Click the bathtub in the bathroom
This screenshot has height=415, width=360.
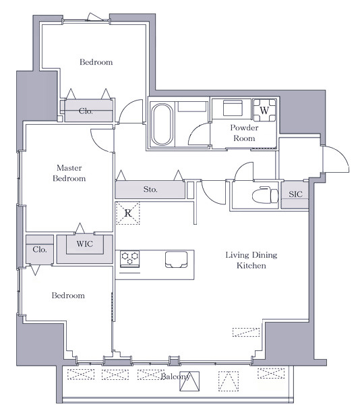coord(162,124)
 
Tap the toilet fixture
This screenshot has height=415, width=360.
coord(265,195)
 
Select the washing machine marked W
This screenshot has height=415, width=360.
coord(264,110)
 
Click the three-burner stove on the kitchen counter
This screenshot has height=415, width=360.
coord(130,258)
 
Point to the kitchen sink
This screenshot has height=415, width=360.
coord(177,259)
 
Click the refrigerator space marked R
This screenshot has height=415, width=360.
coord(128,213)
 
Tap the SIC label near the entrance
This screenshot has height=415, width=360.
coord(295,194)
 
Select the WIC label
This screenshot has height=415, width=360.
coord(85,244)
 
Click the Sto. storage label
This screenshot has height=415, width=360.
coord(150,189)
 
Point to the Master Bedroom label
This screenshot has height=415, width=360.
coord(69,173)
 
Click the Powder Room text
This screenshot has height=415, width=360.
coord(244,133)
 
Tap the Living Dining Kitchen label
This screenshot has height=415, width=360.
coord(251,260)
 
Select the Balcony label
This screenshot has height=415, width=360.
coord(175,377)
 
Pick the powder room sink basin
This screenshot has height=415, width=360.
coord(233,108)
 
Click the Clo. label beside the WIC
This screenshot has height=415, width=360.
coord(40,249)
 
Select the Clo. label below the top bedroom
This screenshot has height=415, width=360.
coord(86,111)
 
